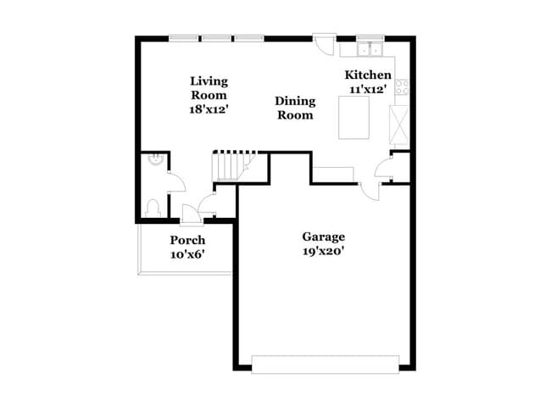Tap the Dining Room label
coord(295,108)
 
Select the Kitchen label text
coord(368,75)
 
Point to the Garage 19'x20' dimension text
coord(323,252)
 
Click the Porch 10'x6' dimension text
coord(187,254)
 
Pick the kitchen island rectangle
coord(353,117)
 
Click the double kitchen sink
coord(370,49)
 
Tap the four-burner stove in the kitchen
coord(402,87)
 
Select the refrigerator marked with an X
coord(399,125)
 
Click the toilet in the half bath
coord(153,208)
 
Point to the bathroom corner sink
coord(155,159)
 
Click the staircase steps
coord(232,165)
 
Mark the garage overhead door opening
coord(326,365)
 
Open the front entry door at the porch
coord(191,214)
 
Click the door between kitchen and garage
coord(370,192)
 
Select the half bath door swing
coord(176,181)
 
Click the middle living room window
coord(216,38)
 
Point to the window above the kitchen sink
coord(370,38)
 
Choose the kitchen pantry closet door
coord(384,168)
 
